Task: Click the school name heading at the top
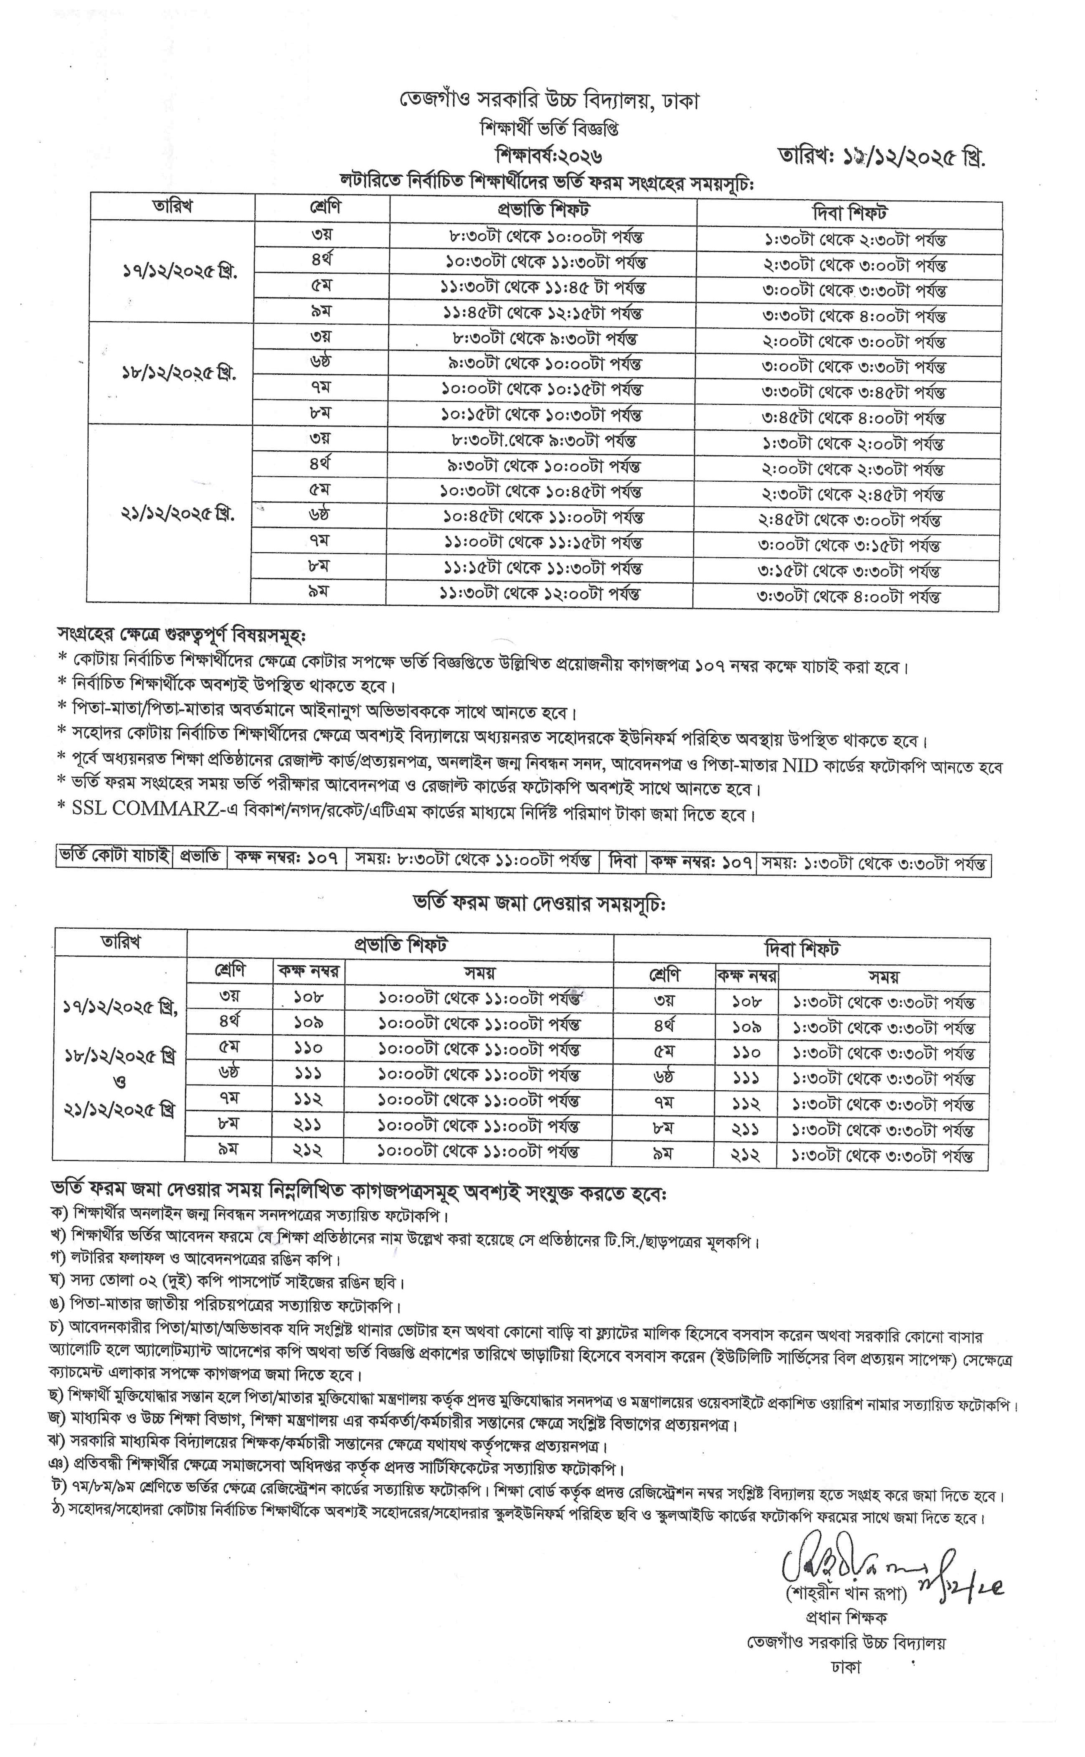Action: point(549,101)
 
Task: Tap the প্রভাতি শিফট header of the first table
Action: point(543,210)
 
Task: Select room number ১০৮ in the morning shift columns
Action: point(309,997)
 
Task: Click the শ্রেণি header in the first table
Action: point(322,208)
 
